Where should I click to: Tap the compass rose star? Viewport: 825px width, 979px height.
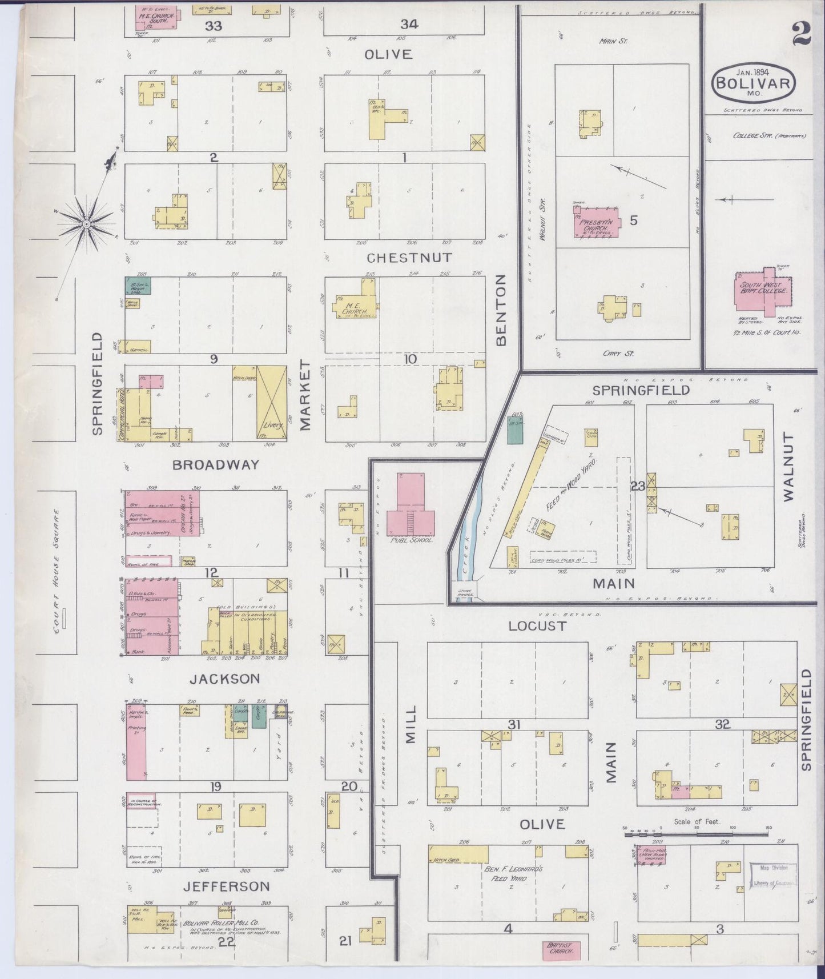point(87,223)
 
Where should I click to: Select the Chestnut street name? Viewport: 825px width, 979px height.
point(410,258)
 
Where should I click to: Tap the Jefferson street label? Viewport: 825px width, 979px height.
point(226,886)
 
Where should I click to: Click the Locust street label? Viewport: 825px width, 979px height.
point(537,626)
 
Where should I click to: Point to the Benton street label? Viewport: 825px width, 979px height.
point(501,310)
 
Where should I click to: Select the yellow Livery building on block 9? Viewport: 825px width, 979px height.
point(271,403)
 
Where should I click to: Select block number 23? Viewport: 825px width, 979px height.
point(638,487)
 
